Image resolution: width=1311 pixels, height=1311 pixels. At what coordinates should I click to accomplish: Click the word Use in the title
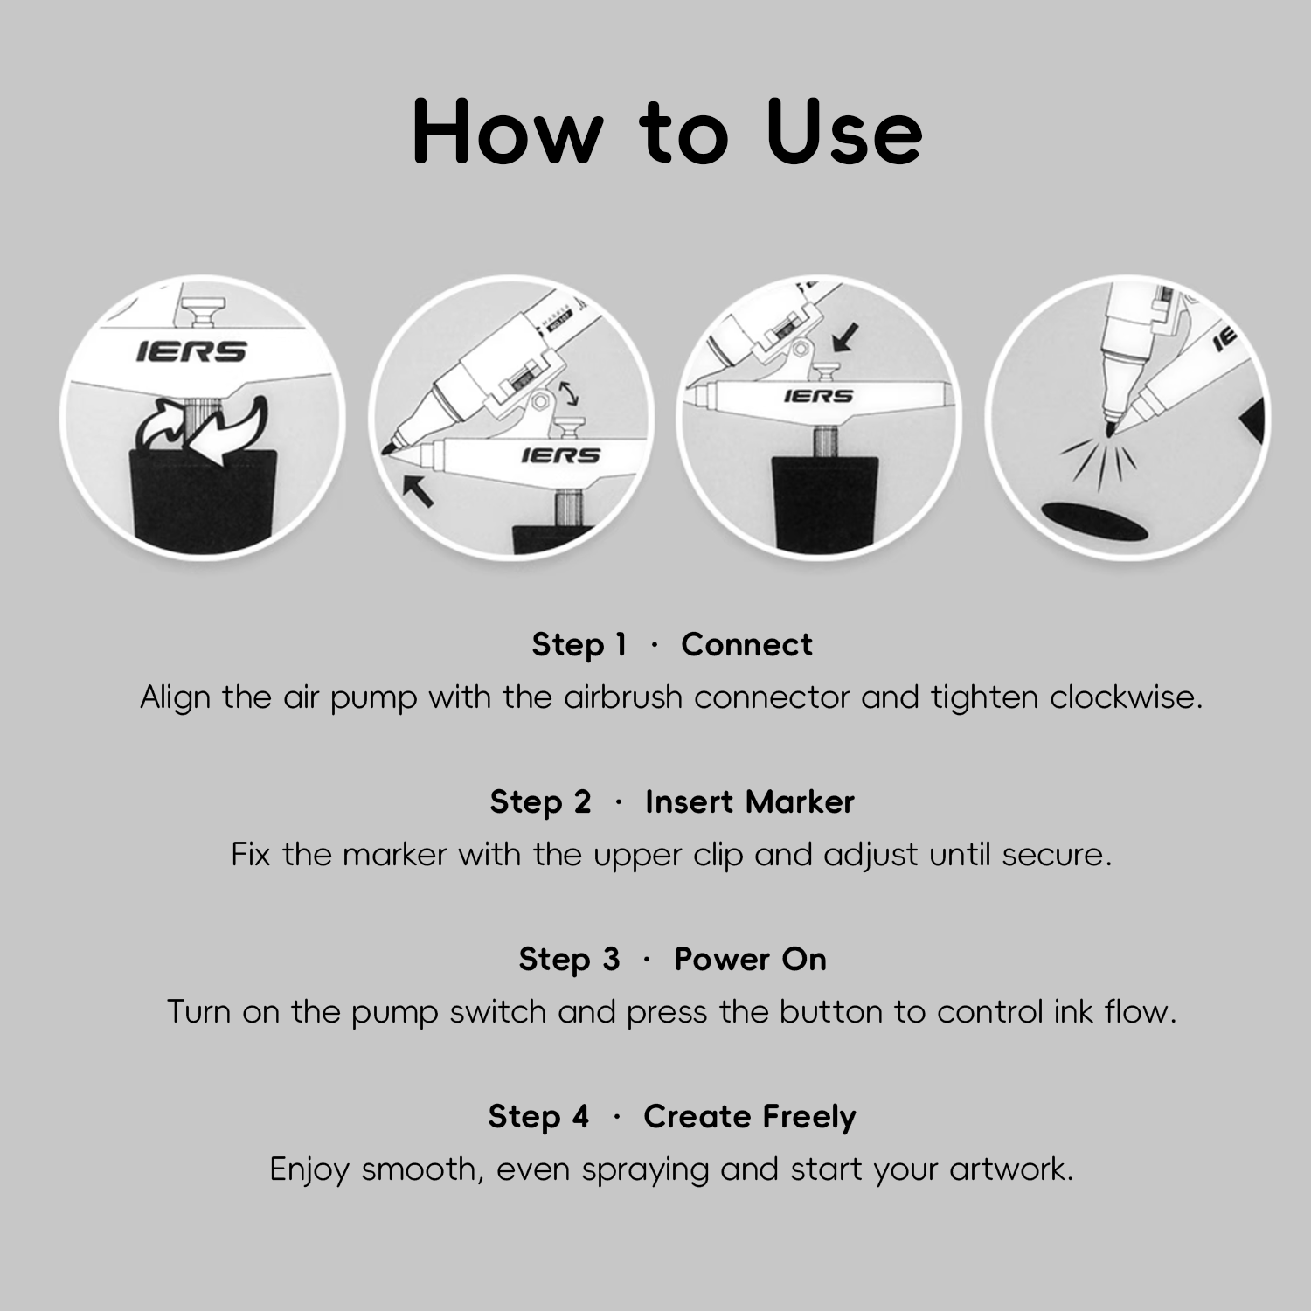(x=844, y=132)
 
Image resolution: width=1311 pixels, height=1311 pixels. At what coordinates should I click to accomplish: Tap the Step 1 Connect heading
(x=672, y=645)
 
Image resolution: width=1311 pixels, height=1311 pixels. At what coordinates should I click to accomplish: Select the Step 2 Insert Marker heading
(x=672, y=802)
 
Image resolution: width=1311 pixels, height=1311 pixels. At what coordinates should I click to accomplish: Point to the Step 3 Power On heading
(x=672, y=960)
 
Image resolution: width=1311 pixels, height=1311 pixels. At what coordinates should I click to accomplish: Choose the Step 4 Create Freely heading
(x=672, y=1117)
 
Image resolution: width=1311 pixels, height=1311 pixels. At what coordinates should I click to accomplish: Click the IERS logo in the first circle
(x=191, y=351)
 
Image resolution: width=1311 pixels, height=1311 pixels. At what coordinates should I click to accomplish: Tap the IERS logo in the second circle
(x=561, y=455)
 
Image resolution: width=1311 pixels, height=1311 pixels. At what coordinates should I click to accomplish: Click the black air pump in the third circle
(x=824, y=503)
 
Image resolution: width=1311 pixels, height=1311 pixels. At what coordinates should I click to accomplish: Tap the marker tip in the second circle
(x=387, y=448)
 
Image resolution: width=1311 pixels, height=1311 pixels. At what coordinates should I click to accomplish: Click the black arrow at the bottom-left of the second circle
(x=418, y=490)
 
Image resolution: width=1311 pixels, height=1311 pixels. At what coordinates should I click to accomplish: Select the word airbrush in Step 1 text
(x=623, y=697)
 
